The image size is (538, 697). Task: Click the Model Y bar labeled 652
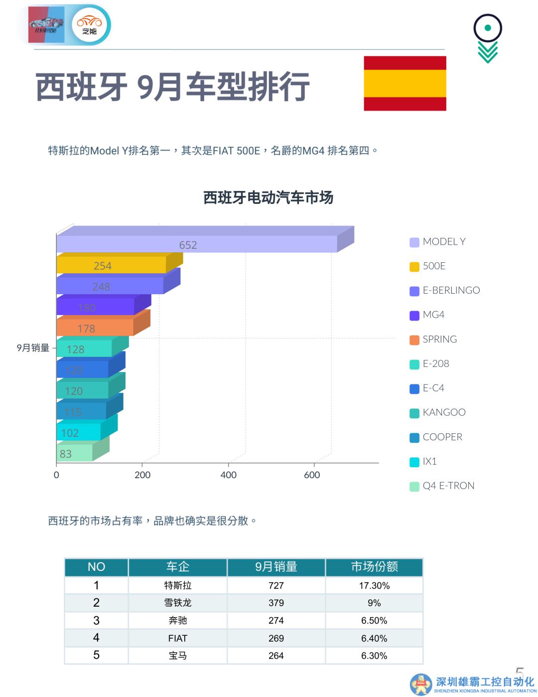tap(197, 244)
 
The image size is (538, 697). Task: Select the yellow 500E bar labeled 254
tap(111, 265)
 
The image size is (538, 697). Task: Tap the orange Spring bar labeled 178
tap(95, 328)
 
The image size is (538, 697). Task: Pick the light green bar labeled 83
tap(74, 453)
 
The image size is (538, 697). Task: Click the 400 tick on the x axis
tap(229, 475)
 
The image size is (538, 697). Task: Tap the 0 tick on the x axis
tap(56, 475)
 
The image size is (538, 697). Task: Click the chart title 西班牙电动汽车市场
tap(268, 198)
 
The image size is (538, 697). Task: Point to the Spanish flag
tap(404, 83)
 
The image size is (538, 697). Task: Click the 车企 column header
tap(177, 567)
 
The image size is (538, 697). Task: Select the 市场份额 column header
tap(374, 567)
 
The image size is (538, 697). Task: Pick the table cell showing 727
tap(276, 585)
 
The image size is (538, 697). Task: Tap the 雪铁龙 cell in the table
tap(177, 603)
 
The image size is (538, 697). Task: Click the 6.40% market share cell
tap(374, 638)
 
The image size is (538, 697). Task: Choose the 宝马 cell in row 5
tap(177, 656)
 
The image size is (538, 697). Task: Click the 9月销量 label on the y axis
tap(33, 348)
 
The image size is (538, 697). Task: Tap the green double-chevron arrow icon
tap(488, 52)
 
